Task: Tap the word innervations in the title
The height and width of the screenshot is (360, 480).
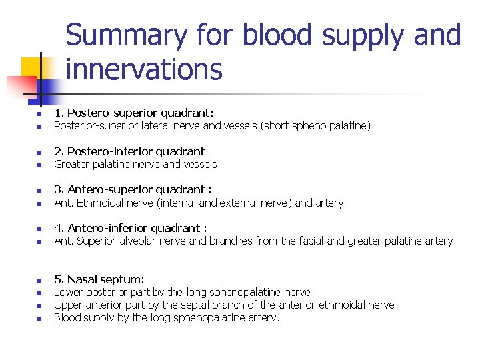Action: click(x=144, y=69)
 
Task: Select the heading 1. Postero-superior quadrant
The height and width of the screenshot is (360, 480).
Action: click(x=133, y=113)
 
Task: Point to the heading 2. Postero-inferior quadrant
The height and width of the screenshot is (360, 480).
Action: click(x=131, y=151)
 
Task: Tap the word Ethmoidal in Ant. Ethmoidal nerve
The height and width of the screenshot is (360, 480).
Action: click(x=97, y=203)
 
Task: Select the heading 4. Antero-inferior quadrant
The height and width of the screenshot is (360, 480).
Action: click(x=131, y=228)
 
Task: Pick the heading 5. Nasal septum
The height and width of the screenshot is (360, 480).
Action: click(x=99, y=279)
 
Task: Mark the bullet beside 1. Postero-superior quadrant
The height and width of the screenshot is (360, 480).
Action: click(x=39, y=114)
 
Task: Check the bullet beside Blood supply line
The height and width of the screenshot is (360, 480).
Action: click(x=39, y=318)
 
